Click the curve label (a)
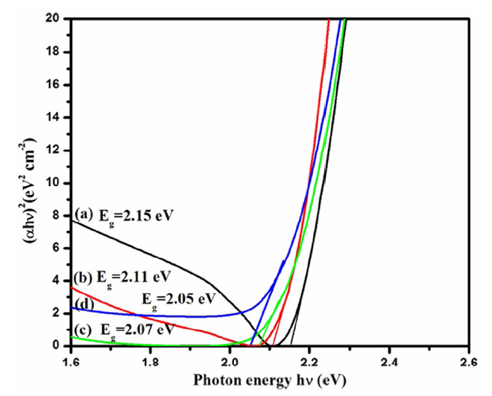pos(83,214)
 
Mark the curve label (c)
pos(83,329)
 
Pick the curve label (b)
pos(83,278)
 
